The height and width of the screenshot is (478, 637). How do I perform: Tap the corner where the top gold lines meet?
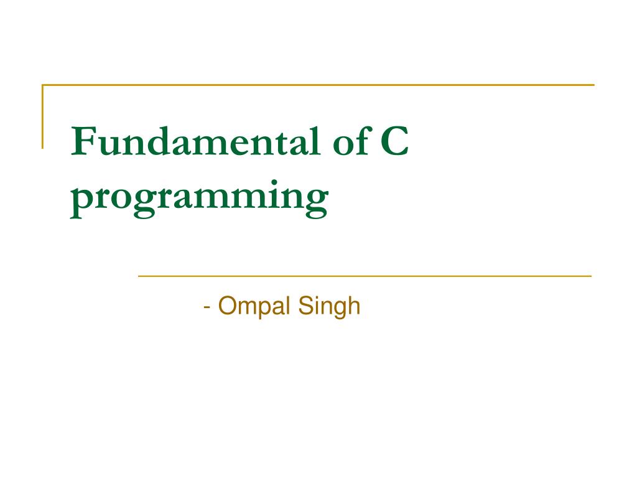point(43,85)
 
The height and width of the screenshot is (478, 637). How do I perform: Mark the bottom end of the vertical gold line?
point(43,148)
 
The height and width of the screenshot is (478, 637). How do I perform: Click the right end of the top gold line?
point(593,85)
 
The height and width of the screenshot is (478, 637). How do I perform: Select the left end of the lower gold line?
point(139,275)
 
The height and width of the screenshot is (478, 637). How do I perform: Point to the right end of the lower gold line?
point(590,275)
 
